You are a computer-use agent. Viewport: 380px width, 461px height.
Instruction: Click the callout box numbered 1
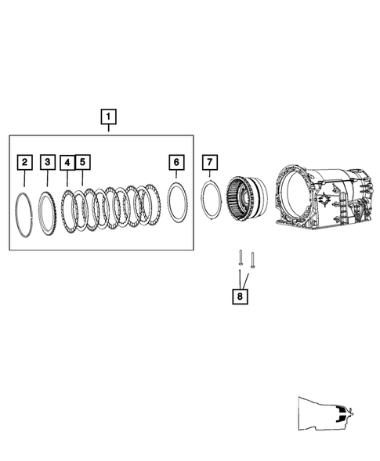(x=109, y=118)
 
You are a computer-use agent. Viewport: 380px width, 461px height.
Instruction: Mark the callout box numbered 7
(x=209, y=162)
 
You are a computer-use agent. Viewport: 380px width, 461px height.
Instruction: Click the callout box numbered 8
(x=239, y=297)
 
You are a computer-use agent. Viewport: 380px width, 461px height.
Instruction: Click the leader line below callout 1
(x=109, y=131)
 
